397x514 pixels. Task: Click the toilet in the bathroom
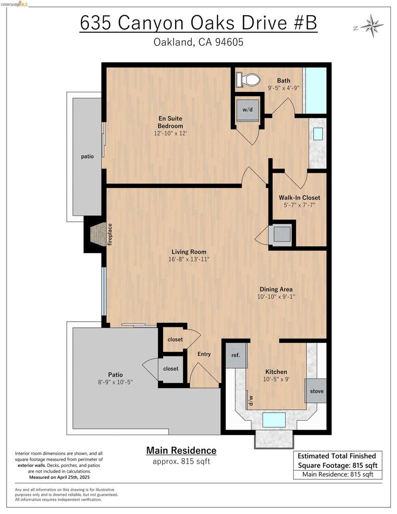[248, 80]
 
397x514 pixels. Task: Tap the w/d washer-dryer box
[247, 109]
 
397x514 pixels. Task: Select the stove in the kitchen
[316, 391]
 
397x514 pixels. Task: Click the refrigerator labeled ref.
[236, 355]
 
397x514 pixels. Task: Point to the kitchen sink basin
[274, 420]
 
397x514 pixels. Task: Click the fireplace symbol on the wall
[98, 234]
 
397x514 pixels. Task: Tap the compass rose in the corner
[372, 26]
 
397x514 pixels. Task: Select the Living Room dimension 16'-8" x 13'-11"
[189, 260]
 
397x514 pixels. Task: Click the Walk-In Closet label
[299, 198]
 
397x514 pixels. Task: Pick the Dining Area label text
[276, 290]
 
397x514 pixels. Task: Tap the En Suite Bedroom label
[171, 122]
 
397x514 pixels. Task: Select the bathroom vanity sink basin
[318, 134]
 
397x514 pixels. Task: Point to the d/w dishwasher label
[251, 400]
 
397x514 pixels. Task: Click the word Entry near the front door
[204, 354]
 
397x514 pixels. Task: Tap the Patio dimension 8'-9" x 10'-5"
[115, 382]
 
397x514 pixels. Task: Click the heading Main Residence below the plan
[181, 451]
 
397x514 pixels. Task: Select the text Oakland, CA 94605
[198, 42]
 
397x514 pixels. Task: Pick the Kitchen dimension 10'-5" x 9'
[276, 379]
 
